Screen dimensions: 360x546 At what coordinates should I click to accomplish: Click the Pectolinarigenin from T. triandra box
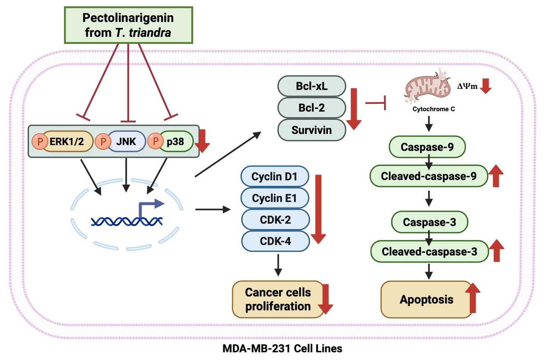tap(128, 25)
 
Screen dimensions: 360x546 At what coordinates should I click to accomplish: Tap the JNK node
tap(126, 141)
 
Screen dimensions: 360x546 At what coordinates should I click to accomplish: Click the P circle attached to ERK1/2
tap(39, 141)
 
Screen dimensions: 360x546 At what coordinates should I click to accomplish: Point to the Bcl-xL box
tap(312, 86)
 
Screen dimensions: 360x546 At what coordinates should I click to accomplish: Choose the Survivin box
tap(312, 130)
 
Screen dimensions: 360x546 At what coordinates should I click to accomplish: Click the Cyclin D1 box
tap(275, 176)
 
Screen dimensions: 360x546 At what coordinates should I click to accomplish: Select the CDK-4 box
tap(275, 241)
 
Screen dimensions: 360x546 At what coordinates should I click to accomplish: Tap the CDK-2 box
tap(275, 219)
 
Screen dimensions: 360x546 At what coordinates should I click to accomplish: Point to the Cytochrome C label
tap(434, 109)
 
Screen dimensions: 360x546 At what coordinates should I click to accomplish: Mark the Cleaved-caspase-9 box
tap(428, 176)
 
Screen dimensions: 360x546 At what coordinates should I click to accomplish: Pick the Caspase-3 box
tap(429, 222)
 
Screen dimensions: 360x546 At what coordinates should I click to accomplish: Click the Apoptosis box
tap(427, 299)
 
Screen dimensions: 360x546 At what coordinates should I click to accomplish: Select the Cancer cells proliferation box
tap(278, 299)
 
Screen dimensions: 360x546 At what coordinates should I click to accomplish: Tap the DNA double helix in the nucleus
tap(127, 222)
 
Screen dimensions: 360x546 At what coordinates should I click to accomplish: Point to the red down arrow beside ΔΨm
tap(486, 86)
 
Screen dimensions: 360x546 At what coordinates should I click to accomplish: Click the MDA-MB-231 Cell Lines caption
tap(282, 348)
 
